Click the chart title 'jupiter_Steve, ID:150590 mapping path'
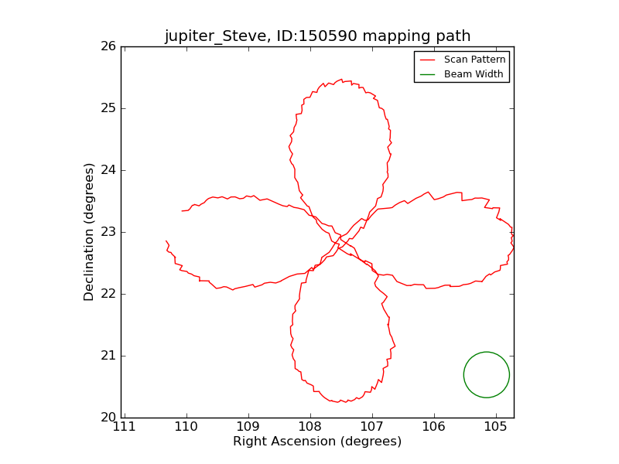(x=317, y=36)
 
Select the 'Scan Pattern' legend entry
(x=474, y=60)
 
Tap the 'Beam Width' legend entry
(x=474, y=74)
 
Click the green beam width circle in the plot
(x=487, y=374)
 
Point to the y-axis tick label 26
(x=108, y=46)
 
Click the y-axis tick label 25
(x=108, y=108)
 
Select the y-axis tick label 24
(x=108, y=170)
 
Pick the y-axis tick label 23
(x=108, y=232)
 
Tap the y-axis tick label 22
(x=108, y=294)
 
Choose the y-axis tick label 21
(x=108, y=356)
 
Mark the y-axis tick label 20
(x=108, y=418)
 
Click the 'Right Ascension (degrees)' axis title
(x=317, y=442)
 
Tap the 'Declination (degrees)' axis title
(x=89, y=232)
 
